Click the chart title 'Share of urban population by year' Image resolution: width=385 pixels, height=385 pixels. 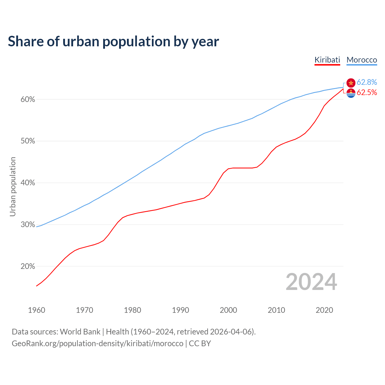[113, 42]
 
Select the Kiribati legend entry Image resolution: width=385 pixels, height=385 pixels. [327, 60]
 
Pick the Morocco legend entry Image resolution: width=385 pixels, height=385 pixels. [362, 60]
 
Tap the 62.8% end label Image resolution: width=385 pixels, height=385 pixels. [367, 82]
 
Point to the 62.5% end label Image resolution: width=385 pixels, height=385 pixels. [367, 93]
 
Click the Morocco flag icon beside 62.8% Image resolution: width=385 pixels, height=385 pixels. [351, 83]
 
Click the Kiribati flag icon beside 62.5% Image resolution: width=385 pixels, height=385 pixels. [351, 93]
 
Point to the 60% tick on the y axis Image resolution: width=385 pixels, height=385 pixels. [28, 100]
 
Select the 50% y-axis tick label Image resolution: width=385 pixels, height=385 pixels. [28, 141]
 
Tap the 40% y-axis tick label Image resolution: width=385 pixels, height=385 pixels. [28, 183]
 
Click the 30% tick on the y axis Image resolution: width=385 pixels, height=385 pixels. [28, 225]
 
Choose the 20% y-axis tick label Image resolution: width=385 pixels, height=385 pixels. [28, 266]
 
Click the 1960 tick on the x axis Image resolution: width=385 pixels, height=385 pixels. [37, 310]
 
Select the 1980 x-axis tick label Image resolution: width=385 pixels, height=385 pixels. [133, 310]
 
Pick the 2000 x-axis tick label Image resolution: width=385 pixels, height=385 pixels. [229, 310]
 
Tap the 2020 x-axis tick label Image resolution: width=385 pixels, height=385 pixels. [324, 310]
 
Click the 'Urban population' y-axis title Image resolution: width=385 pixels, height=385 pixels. [13, 186]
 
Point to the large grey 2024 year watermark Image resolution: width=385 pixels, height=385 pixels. [311, 282]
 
